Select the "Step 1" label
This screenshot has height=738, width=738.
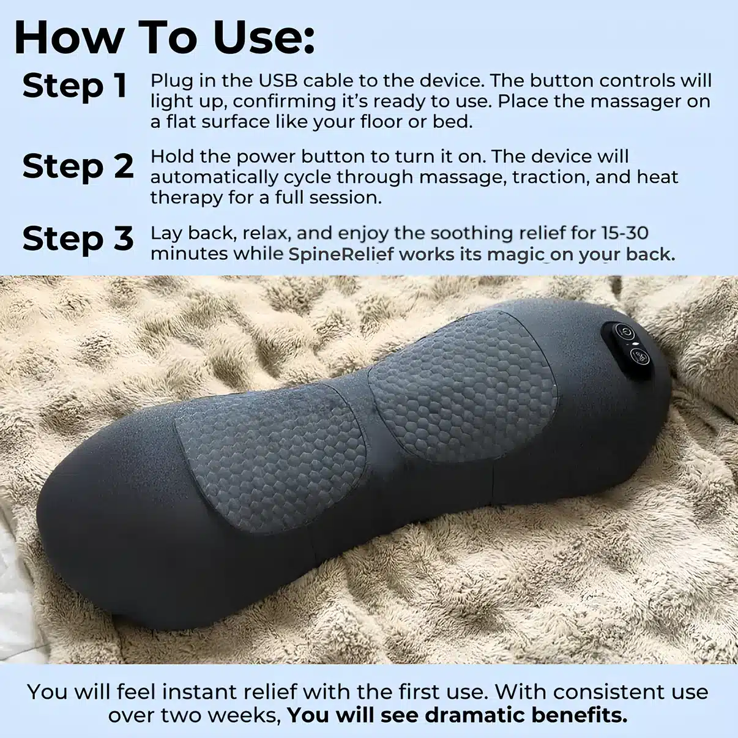pos(75,86)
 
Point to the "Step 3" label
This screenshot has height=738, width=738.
pos(78,239)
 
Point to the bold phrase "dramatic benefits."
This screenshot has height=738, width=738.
pos(526,715)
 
